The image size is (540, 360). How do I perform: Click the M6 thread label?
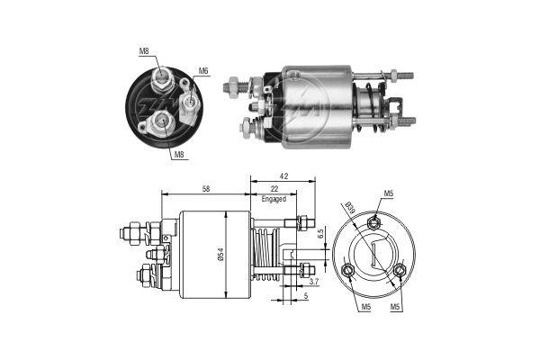[x=203, y=71]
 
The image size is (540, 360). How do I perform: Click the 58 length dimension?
[x=206, y=189]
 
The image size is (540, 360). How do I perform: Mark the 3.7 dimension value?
[x=313, y=282]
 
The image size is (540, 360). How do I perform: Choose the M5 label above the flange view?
[x=388, y=193]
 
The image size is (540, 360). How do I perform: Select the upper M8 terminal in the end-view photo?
[x=163, y=79]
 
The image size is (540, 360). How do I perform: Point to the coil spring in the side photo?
[x=370, y=102]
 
